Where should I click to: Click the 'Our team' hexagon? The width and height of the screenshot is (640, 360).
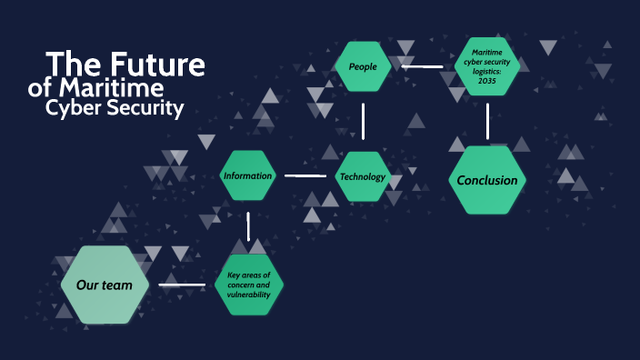pyautogui.click(x=105, y=285)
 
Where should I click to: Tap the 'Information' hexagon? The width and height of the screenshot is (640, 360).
pyautogui.click(x=248, y=175)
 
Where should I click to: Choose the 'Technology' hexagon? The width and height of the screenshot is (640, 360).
pyautogui.click(x=363, y=176)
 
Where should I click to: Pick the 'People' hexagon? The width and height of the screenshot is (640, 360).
pyautogui.click(x=363, y=66)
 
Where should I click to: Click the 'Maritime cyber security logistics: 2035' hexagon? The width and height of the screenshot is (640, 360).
pyautogui.click(x=488, y=65)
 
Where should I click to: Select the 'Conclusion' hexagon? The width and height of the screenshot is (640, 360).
pyautogui.click(x=487, y=180)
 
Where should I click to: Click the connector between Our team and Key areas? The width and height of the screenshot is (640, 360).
pyautogui.click(x=182, y=285)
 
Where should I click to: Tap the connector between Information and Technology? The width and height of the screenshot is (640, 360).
pyautogui.click(x=305, y=175)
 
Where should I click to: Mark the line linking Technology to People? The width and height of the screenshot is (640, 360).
pyautogui.click(x=363, y=121)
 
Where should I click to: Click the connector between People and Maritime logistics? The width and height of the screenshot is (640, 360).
pyautogui.click(x=423, y=66)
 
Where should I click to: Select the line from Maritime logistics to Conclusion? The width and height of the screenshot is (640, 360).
pyautogui.click(x=488, y=121)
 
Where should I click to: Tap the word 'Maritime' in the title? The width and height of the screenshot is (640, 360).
pyautogui.click(x=110, y=88)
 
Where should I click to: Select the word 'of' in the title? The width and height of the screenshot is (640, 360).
pyautogui.click(x=40, y=89)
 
